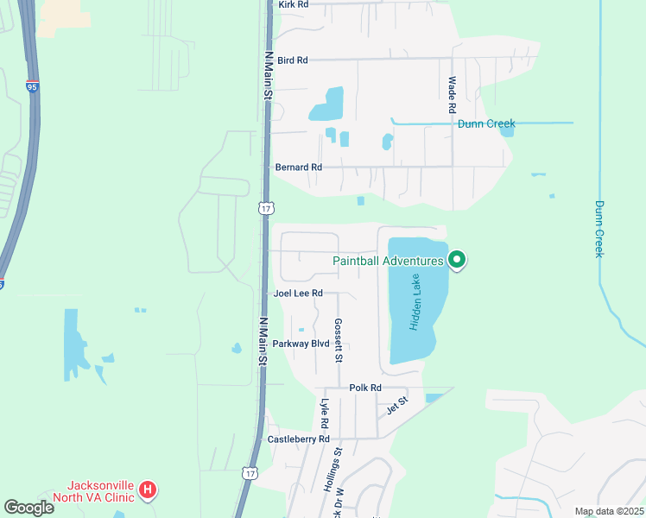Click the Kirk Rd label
pos(294,4)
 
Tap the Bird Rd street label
pos(293,60)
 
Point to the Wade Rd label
pos(451,95)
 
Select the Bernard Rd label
pos(298,167)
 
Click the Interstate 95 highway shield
pos(33,86)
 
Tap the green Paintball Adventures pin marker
pos(457,259)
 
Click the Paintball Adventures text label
pos(389,260)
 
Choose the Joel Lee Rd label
pos(298,294)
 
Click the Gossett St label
pos(339,339)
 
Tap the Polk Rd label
pos(365,388)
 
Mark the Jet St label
pos(396,403)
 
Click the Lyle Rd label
pos(325,414)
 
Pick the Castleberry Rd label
pos(299,439)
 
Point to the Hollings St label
pos(333,468)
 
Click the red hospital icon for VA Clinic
pos(148,490)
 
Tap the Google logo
pos(28,507)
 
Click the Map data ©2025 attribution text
pos(607,511)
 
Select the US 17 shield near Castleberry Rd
pos(250,473)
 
